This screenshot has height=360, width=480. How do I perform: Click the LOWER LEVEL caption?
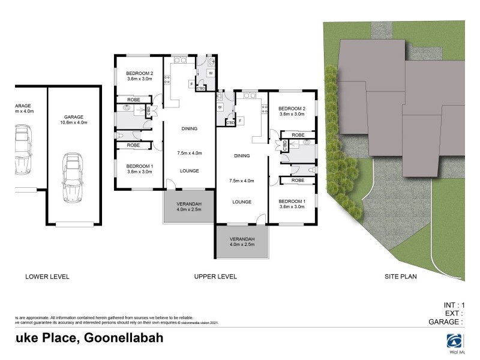(47, 277)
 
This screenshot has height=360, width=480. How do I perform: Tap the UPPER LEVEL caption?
(215, 277)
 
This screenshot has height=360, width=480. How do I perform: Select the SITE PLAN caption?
(400, 277)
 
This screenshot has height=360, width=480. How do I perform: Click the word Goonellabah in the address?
(124, 338)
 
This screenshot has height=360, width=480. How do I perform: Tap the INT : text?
(452, 305)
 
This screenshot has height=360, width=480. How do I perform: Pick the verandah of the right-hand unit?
(242, 241)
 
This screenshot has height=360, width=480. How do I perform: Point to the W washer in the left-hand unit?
(210, 73)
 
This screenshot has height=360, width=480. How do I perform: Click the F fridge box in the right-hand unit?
(240, 121)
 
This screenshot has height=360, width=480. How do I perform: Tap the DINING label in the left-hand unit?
(189, 128)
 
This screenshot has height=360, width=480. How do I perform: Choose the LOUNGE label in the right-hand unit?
(242, 202)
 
